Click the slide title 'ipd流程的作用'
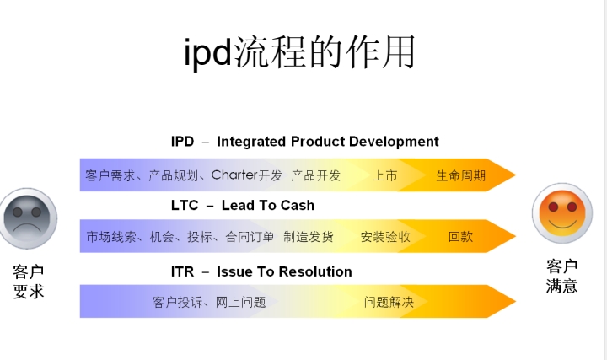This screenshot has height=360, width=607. (x=299, y=52)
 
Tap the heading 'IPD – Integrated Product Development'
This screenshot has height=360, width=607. (x=304, y=142)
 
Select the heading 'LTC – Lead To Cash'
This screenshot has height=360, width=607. (x=243, y=205)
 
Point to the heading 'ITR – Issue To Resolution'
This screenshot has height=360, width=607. (x=261, y=271)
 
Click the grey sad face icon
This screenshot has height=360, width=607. (x=28, y=218)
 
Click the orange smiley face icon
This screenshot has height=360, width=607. (x=562, y=213)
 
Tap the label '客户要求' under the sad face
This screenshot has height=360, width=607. (x=29, y=282)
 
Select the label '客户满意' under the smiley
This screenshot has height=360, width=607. (x=562, y=277)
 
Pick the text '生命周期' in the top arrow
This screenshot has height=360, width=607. (x=460, y=175)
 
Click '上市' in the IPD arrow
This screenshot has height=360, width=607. (x=384, y=175)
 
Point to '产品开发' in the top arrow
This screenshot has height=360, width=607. (x=315, y=175)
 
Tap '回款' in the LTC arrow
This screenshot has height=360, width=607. (x=460, y=237)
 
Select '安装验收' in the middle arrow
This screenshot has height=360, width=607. (x=385, y=237)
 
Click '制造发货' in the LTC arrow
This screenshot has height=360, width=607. (x=309, y=237)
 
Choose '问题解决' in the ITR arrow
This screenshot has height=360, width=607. (x=389, y=302)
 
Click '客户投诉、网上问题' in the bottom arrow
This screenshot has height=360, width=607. (x=209, y=302)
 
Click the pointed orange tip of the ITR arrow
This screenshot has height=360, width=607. (x=515, y=301)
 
